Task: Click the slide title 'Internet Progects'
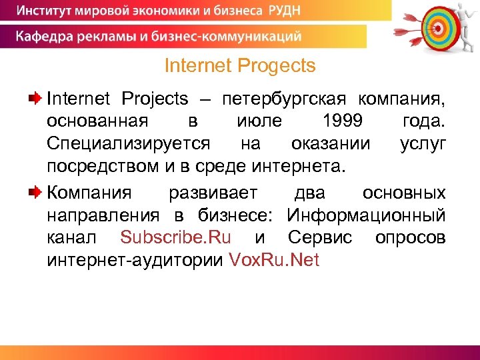(239, 66)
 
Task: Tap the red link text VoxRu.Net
(274, 260)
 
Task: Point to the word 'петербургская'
(285, 99)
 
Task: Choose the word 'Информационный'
(366, 215)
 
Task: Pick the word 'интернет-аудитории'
(135, 260)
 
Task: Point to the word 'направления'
(103, 215)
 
